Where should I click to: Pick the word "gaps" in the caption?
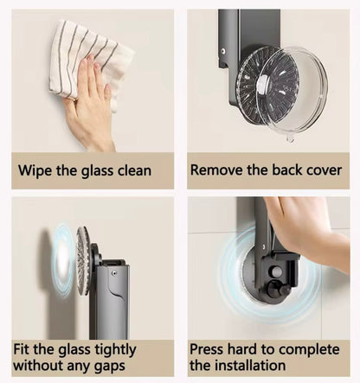[110, 367]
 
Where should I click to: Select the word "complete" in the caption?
[309, 350]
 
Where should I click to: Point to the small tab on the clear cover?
[290, 139]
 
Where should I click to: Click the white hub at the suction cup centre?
[265, 84]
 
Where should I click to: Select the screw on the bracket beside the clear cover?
[223, 51]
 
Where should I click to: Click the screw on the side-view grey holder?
[114, 273]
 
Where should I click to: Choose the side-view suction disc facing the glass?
[83, 261]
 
